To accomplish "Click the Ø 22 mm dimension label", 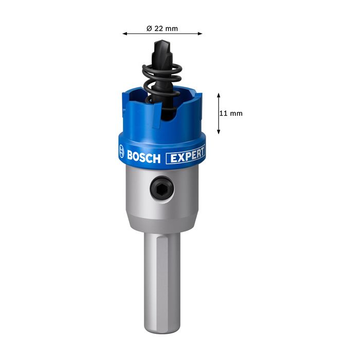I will (162, 28).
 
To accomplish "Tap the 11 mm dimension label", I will (230, 114).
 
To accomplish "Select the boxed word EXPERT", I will (186, 154).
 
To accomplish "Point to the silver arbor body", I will (162, 206).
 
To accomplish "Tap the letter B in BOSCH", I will (130, 156).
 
